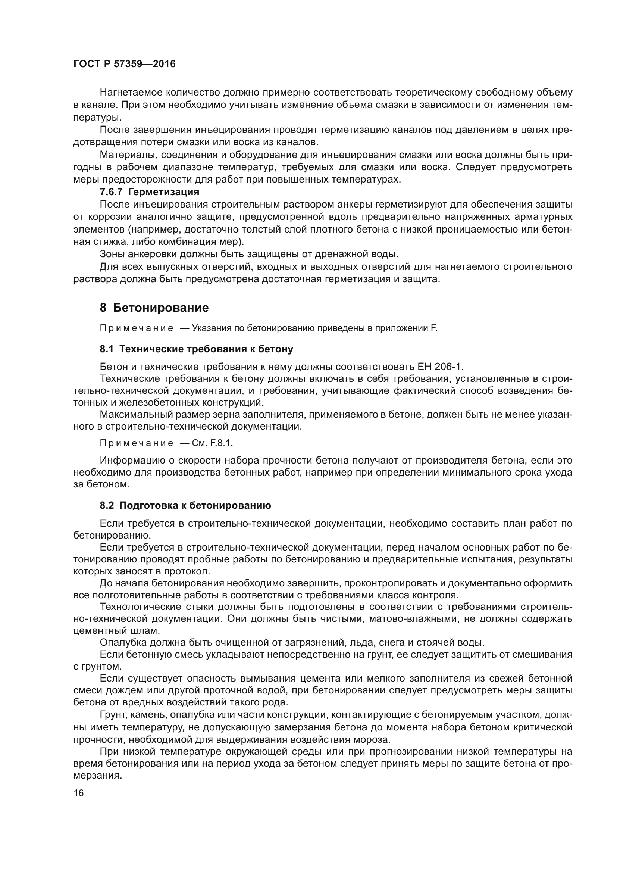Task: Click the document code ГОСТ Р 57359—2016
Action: coord(124,64)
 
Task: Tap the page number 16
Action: coord(79,793)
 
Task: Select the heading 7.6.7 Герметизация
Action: coord(149,192)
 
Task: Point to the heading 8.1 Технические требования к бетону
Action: coord(197,349)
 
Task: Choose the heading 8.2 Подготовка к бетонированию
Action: coord(185,505)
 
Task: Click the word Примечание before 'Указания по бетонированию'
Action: coord(137,328)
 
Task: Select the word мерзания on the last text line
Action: coord(97,775)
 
